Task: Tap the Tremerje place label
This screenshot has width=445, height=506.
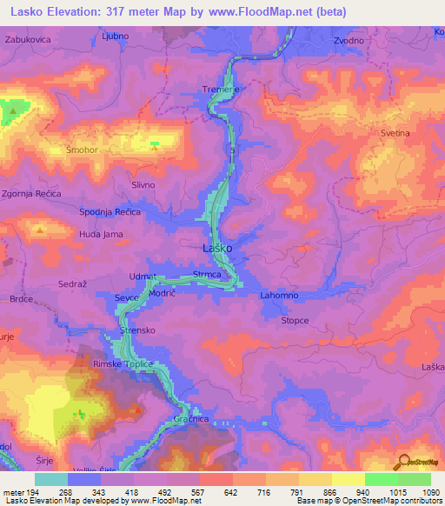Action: [x=220, y=90]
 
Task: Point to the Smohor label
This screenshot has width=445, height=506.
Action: [x=82, y=150]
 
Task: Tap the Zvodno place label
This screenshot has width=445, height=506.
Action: [x=349, y=41]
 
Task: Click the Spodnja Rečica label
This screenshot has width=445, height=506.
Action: [x=110, y=212]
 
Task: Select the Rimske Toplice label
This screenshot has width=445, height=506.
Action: [x=123, y=364]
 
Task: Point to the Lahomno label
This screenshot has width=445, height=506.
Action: [x=280, y=296]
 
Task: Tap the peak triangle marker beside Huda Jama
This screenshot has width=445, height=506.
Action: [x=41, y=230]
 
